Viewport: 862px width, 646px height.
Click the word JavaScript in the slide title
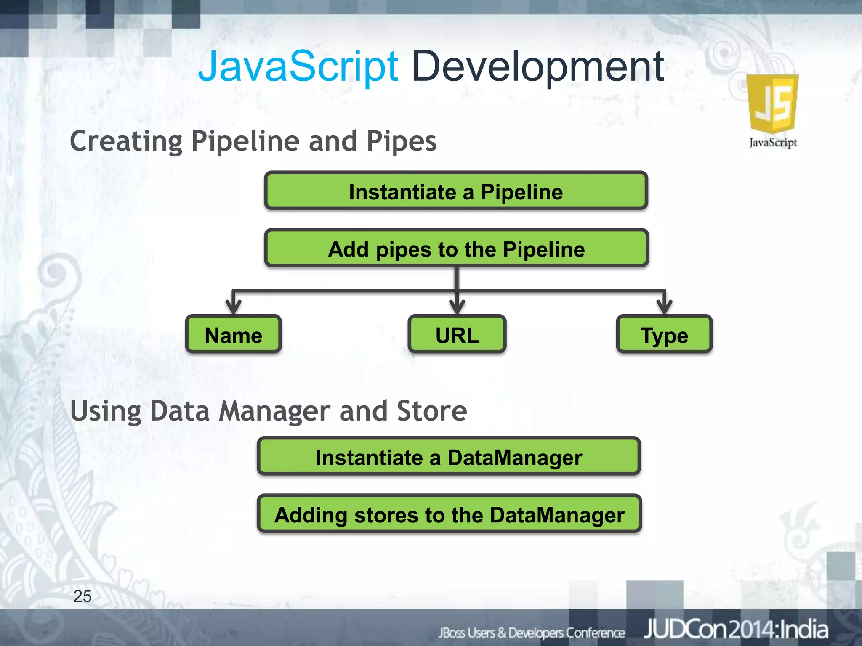298,66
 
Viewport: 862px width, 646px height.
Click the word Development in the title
537,66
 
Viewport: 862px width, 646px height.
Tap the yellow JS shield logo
772,103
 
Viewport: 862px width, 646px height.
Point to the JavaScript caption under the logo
773,143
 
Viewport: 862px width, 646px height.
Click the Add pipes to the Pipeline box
456,249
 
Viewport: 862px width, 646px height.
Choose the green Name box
233,335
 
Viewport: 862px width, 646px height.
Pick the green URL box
457,335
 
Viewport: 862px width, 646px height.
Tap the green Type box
664,335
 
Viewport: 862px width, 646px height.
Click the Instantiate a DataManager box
449,457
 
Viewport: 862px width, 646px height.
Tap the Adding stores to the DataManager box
449,514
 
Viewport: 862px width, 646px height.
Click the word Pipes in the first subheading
401,141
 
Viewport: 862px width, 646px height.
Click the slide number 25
82,596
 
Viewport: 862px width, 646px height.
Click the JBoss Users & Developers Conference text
531,633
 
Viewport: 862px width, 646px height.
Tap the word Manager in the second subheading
274,411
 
